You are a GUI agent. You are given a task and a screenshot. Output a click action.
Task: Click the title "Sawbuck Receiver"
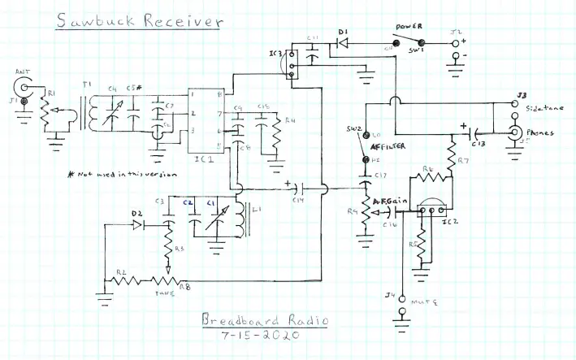click(138, 22)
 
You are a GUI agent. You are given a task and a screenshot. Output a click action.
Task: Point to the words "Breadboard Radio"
click(264, 321)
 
